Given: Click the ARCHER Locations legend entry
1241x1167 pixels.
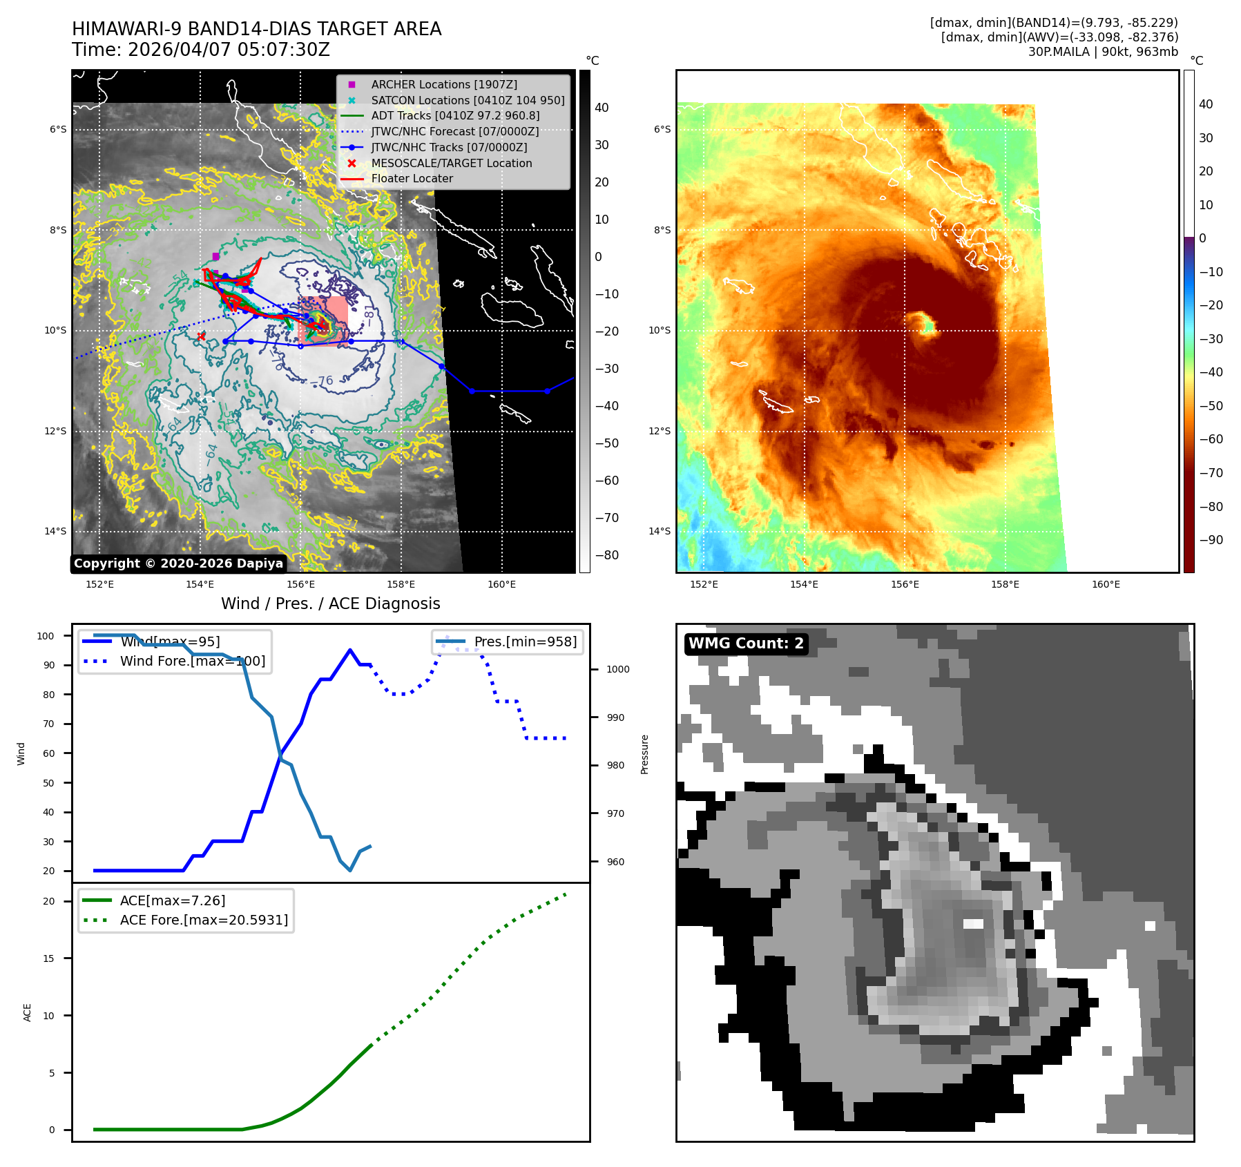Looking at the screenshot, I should pos(443,84).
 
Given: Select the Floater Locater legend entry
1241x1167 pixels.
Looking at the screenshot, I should pos(412,178).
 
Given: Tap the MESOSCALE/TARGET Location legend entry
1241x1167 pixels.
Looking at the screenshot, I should pos(451,163).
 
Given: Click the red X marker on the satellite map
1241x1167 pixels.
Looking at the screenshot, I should pos(201,336).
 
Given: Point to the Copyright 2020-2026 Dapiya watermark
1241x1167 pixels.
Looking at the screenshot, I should pos(178,563).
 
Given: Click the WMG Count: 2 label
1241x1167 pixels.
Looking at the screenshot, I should pos(746,644).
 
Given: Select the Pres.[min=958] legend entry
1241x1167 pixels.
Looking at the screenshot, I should pos(525,642).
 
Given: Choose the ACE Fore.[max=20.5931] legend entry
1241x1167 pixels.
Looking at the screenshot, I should pos(204,920).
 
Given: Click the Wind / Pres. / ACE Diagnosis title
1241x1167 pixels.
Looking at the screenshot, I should pos(330,604).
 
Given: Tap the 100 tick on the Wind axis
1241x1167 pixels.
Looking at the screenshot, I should pos(46,636).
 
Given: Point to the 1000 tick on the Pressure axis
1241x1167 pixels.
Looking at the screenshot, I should pos(617,669).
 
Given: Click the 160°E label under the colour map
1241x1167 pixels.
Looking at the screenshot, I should pos(1106,584).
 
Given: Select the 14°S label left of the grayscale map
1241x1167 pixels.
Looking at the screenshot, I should pos(56,531).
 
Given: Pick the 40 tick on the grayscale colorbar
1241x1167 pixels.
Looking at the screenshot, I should pos(602,108).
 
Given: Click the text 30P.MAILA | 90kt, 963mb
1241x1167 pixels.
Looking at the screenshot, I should pos(1103,52).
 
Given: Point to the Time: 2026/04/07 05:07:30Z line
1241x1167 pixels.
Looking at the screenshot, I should pos(201,50).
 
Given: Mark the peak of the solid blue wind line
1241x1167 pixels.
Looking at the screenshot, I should pos(350,650).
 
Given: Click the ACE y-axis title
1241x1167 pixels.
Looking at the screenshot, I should pos(28,1012).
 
